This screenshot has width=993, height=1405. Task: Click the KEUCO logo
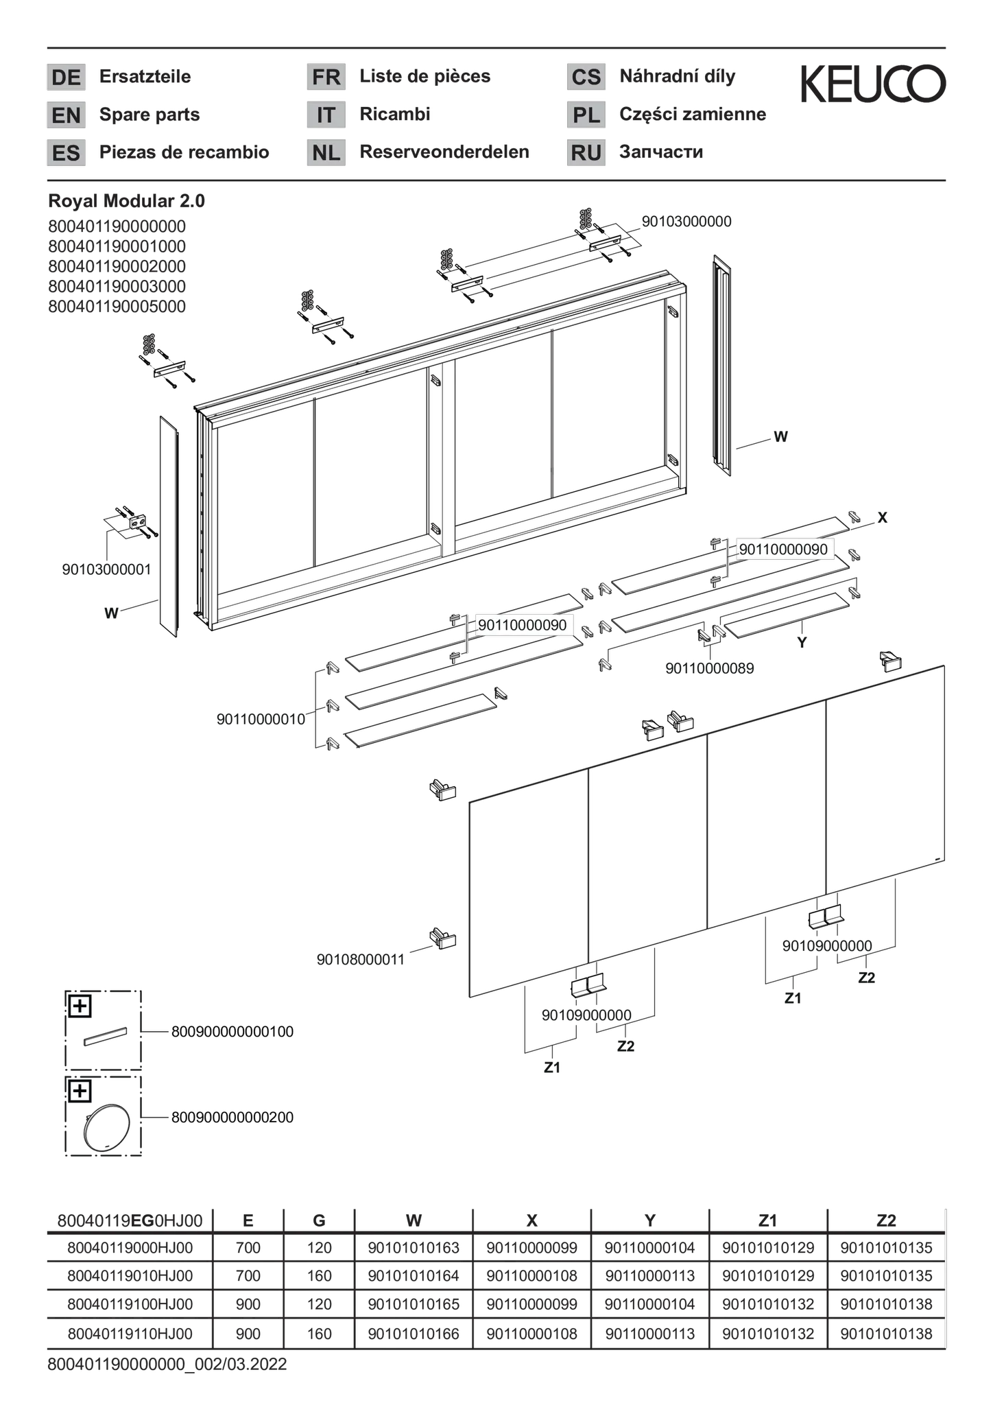click(x=873, y=84)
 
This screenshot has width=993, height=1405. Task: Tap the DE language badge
click(x=66, y=77)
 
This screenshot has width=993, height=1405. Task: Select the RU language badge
click(x=586, y=152)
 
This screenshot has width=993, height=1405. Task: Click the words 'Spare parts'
click(x=149, y=115)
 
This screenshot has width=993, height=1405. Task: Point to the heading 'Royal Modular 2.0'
click(x=126, y=201)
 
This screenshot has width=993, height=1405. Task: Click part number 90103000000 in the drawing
click(x=686, y=222)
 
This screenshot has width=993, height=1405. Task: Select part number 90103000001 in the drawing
click(x=106, y=569)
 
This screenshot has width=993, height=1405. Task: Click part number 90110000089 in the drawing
click(x=709, y=668)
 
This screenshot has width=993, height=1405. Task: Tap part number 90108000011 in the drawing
click(x=361, y=960)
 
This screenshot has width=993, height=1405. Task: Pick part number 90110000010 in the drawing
click(x=261, y=720)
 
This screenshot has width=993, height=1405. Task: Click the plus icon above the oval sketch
click(x=80, y=1091)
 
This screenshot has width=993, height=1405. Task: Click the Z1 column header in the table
click(x=768, y=1220)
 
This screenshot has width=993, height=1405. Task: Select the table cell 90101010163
click(x=414, y=1248)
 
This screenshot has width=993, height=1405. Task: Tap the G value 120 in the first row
click(x=319, y=1248)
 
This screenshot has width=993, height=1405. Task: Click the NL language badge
click(x=326, y=152)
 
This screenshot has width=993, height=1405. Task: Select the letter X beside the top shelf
click(x=883, y=518)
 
